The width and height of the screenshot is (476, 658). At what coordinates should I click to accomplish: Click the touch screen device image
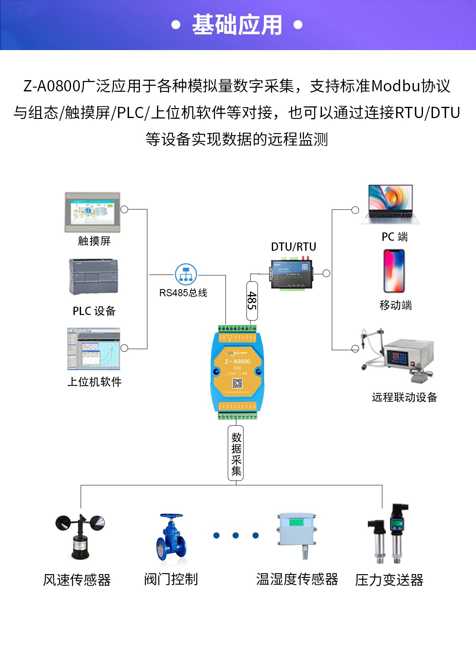92,212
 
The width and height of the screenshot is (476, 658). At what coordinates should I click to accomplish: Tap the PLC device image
94,277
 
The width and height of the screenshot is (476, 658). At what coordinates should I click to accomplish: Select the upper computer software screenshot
94,349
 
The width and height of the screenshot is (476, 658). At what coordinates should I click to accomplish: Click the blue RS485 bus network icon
186,275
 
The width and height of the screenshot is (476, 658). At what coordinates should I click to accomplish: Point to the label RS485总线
183,293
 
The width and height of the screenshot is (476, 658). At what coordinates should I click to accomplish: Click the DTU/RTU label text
294,247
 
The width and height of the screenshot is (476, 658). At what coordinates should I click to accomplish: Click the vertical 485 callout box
252,300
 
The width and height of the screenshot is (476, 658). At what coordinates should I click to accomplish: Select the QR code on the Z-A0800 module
237,383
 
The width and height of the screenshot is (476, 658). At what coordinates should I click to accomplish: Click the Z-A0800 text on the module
237,361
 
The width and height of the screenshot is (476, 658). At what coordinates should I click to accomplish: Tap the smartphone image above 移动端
394,271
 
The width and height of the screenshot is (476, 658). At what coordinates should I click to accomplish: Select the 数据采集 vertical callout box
236,454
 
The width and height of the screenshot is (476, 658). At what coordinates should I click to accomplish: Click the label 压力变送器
389,580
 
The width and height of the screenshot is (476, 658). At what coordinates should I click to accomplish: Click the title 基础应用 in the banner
237,25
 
